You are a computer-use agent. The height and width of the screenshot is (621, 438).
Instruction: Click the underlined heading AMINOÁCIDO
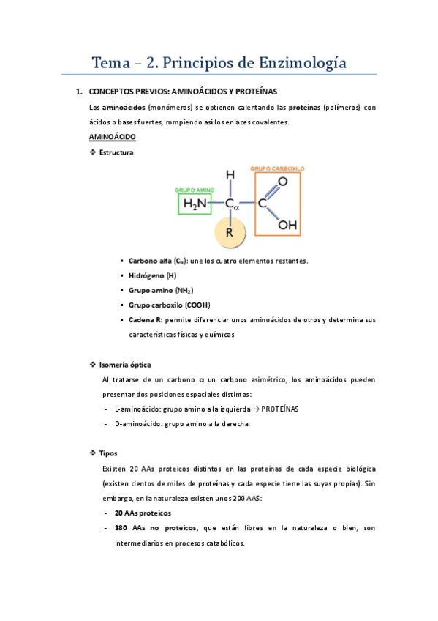(112, 137)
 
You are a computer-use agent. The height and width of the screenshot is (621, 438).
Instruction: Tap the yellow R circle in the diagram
(229, 233)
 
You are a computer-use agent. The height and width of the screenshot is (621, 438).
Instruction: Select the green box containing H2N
(195, 204)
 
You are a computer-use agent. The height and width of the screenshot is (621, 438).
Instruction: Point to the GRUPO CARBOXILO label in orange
(277, 168)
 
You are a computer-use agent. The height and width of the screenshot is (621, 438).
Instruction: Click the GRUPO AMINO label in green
(194, 190)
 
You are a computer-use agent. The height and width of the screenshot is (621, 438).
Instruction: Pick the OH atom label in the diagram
(287, 226)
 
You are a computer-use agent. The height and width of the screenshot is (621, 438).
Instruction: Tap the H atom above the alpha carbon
(230, 175)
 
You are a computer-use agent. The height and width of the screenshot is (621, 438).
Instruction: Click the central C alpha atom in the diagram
(232, 206)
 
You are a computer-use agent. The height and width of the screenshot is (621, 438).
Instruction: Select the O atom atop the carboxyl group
(282, 181)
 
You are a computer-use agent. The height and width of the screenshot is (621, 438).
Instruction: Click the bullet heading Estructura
(116, 152)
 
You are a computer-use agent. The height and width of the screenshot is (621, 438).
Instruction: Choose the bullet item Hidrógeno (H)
(152, 275)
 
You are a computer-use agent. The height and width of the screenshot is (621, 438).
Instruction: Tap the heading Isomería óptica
(125, 365)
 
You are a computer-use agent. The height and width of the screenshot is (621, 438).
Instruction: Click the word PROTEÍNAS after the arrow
(281, 409)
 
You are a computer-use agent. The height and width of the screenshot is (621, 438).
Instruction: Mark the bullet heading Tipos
(107, 453)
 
